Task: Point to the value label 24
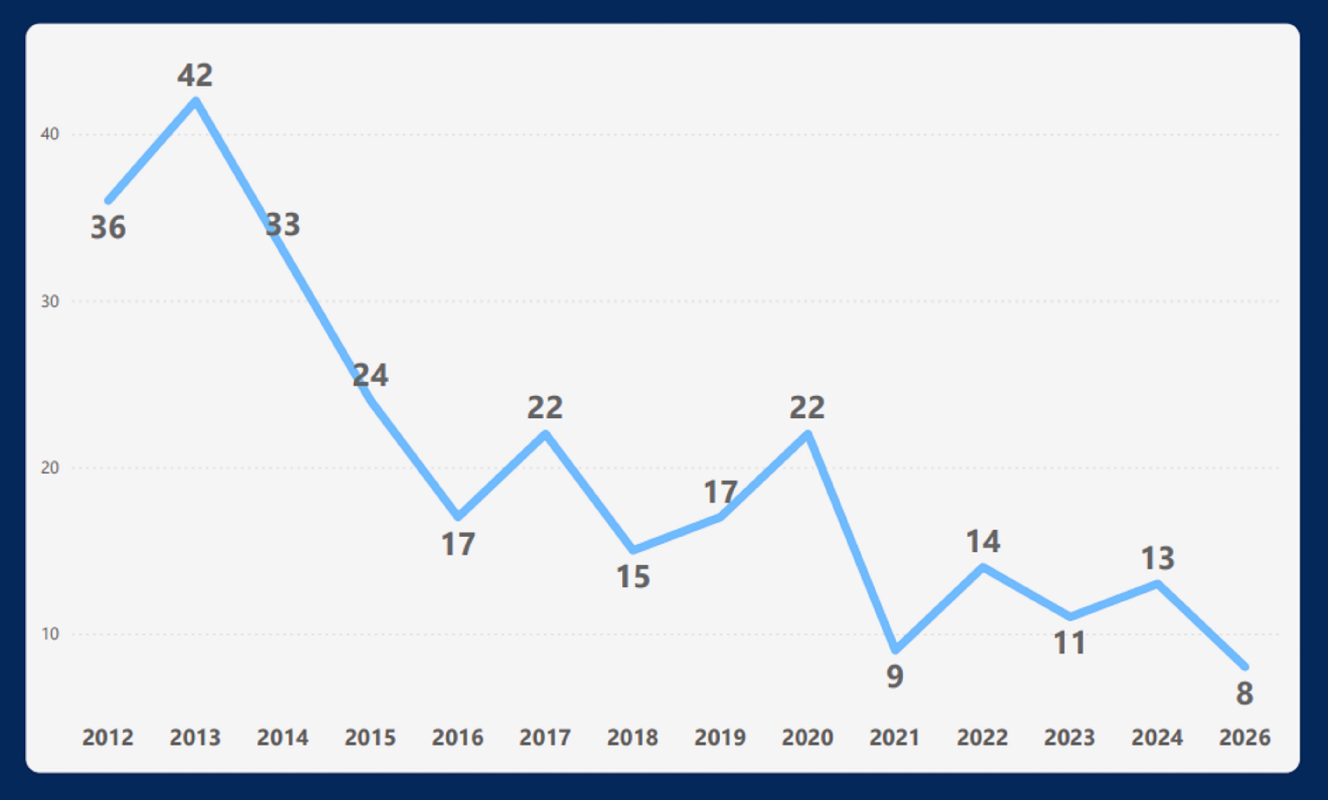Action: (x=370, y=375)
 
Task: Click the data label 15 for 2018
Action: (x=633, y=577)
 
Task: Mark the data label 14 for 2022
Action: (x=982, y=541)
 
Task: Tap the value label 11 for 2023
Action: (x=1070, y=643)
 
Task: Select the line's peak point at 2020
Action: (x=807, y=435)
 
